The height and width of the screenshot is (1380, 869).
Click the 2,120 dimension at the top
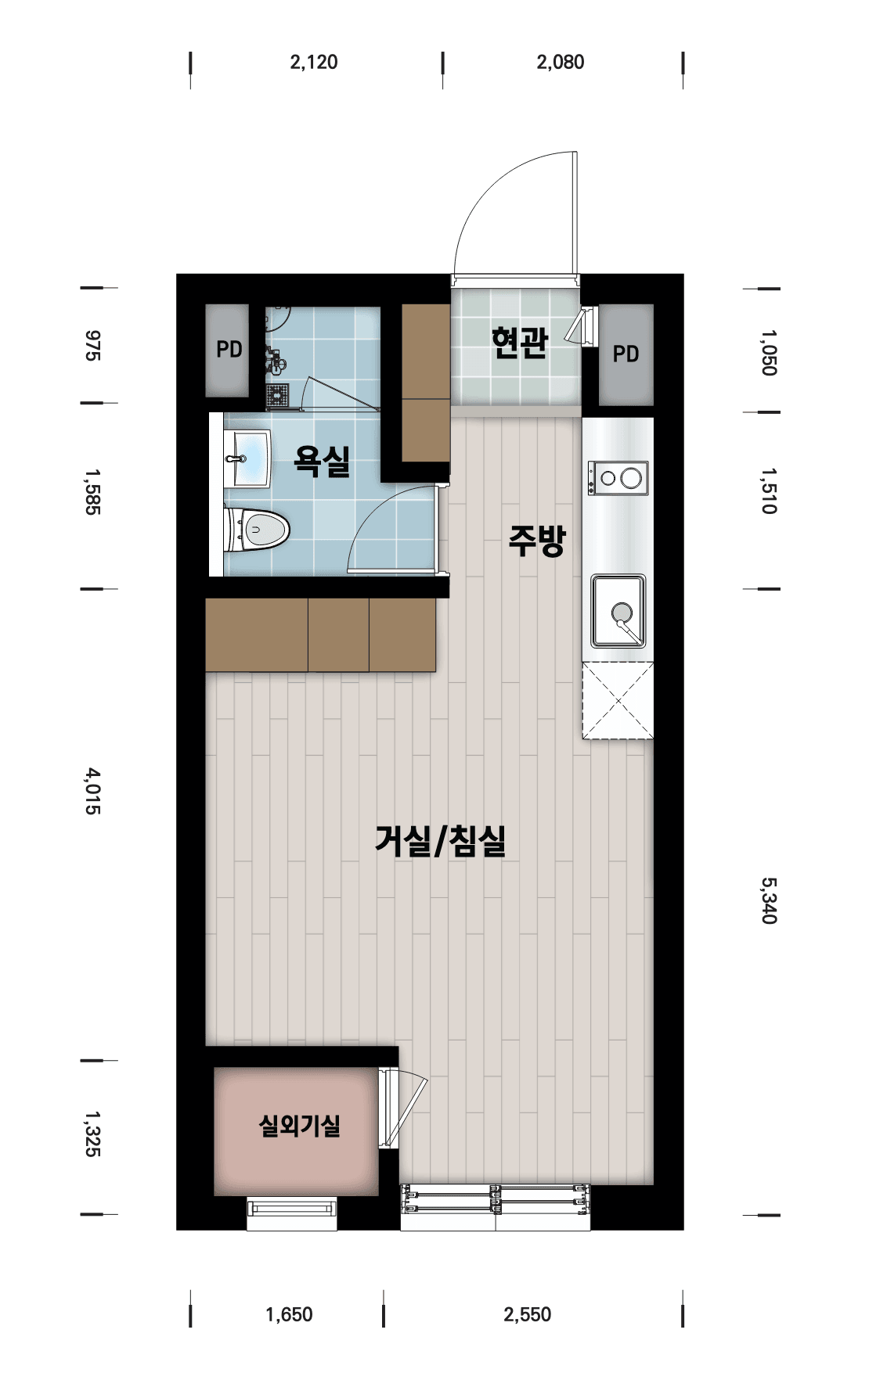click(x=314, y=63)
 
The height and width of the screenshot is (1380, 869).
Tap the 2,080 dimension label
click(x=561, y=63)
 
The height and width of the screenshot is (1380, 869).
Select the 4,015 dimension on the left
click(x=93, y=791)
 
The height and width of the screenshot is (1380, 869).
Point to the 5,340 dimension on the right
click(x=770, y=900)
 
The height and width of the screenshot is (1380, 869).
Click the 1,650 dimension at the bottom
click(x=289, y=1314)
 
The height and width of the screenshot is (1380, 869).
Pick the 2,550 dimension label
click(x=528, y=1314)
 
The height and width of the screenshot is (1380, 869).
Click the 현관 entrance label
click(x=519, y=343)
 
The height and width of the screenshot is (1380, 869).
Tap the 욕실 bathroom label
click(x=322, y=461)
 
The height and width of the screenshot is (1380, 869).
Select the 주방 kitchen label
click(x=537, y=541)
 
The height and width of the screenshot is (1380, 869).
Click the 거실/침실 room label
click(x=441, y=841)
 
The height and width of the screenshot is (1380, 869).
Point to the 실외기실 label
click(x=299, y=1126)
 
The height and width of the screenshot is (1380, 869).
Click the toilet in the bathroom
click(x=257, y=530)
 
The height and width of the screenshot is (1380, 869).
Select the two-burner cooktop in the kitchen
click(x=618, y=477)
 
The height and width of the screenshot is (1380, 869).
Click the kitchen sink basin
click(x=618, y=611)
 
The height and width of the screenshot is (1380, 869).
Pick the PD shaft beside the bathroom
click(x=228, y=350)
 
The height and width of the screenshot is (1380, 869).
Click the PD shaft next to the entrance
click(x=626, y=354)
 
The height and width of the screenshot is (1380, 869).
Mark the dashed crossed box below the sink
click(x=618, y=700)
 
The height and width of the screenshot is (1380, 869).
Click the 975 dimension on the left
click(x=93, y=345)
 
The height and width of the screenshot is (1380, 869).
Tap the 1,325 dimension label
click(x=93, y=1134)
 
